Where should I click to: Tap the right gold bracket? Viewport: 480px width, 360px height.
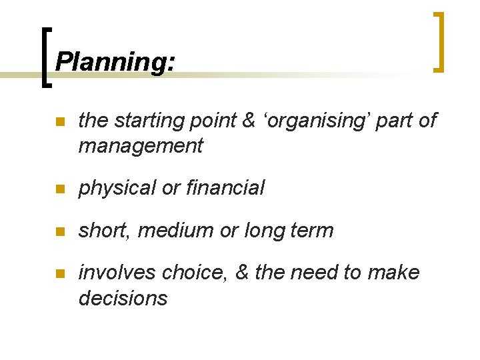click(x=439, y=41)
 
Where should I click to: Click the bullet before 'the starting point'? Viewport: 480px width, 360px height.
click(x=59, y=122)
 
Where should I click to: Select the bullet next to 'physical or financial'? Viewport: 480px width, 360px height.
click(x=59, y=189)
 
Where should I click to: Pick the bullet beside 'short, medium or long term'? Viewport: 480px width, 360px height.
click(x=59, y=231)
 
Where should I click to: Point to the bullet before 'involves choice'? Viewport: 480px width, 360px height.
click(x=59, y=273)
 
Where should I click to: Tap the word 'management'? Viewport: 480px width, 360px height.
click(x=140, y=146)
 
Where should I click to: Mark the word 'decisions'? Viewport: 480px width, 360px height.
click(x=123, y=297)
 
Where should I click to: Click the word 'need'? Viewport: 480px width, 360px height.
click(x=321, y=273)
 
